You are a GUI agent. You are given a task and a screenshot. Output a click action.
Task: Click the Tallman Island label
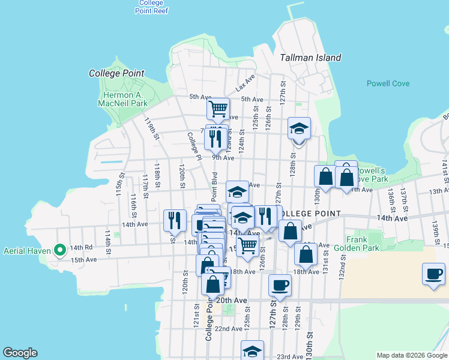(310, 58)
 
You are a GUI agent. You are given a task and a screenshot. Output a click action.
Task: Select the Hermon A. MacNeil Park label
(122, 99)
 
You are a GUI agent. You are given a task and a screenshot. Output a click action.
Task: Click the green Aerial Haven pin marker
(60, 250)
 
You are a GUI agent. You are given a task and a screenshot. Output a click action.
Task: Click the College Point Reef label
(151, 6)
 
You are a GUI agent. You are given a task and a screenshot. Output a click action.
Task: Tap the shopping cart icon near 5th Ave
(218, 109)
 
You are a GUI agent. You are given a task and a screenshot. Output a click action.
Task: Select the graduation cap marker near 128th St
(299, 128)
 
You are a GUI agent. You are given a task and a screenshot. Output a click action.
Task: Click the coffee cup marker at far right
(433, 274)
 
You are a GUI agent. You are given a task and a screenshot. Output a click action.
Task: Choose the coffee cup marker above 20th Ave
(280, 286)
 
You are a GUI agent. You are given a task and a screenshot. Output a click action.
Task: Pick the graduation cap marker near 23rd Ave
(253, 351)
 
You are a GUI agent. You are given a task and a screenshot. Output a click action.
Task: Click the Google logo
(20, 353)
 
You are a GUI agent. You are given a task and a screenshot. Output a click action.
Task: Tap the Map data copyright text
(411, 355)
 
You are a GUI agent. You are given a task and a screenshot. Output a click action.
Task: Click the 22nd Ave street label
(228, 329)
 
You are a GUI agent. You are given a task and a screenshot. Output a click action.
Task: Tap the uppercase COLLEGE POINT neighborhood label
(310, 214)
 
